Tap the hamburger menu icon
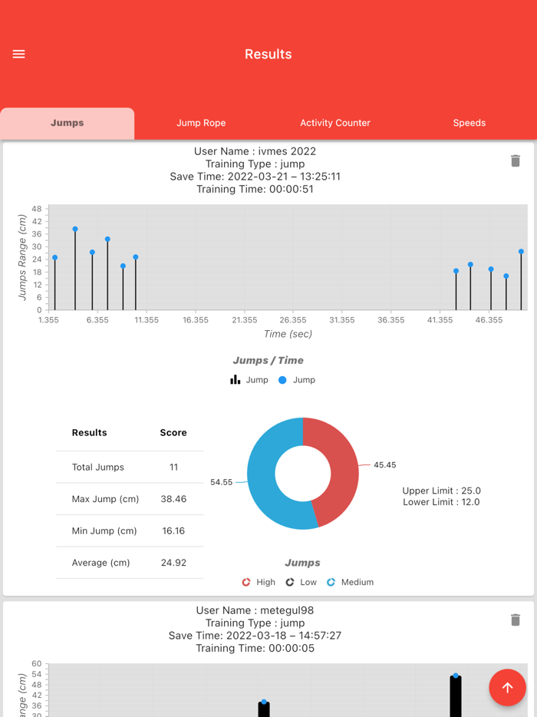[19, 55]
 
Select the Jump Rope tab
[201, 123]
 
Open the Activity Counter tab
[335, 123]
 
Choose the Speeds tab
[469, 123]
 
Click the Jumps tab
[68, 123]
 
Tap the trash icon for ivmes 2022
[516, 160]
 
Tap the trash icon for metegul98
[516, 620]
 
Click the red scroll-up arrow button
[507, 688]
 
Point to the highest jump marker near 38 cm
[75, 229]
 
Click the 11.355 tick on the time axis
[147, 320]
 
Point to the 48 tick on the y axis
[37, 209]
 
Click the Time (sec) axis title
[288, 334]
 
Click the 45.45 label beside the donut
[384, 465]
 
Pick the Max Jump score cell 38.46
[173, 499]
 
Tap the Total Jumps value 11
[173, 467]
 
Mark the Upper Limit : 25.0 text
[441, 491]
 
